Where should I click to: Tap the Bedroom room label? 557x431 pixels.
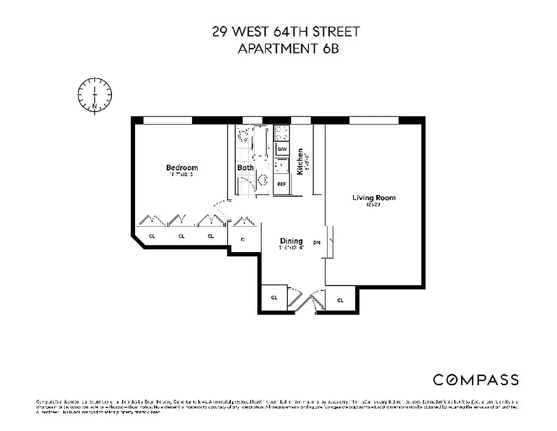(x=182, y=168)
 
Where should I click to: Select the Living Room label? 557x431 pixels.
(x=373, y=198)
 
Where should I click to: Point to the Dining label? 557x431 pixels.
(x=291, y=241)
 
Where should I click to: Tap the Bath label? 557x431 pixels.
(x=245, y=168)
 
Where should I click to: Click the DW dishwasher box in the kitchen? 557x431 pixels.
(x=281, y=149)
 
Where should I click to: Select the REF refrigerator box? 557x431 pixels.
(x=281, y=184)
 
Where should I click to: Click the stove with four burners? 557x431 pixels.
(x=281, y=133)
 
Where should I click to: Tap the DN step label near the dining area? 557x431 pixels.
(x=317, y=243)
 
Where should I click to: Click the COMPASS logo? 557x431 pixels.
(x=476, y=379)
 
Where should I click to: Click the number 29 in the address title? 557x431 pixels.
(x=220, y=32)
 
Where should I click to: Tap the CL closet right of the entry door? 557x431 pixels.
(x=340, y=300)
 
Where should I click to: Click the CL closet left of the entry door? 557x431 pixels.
(x=274, y=298)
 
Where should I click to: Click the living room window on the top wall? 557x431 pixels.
(x=373, y=120)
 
